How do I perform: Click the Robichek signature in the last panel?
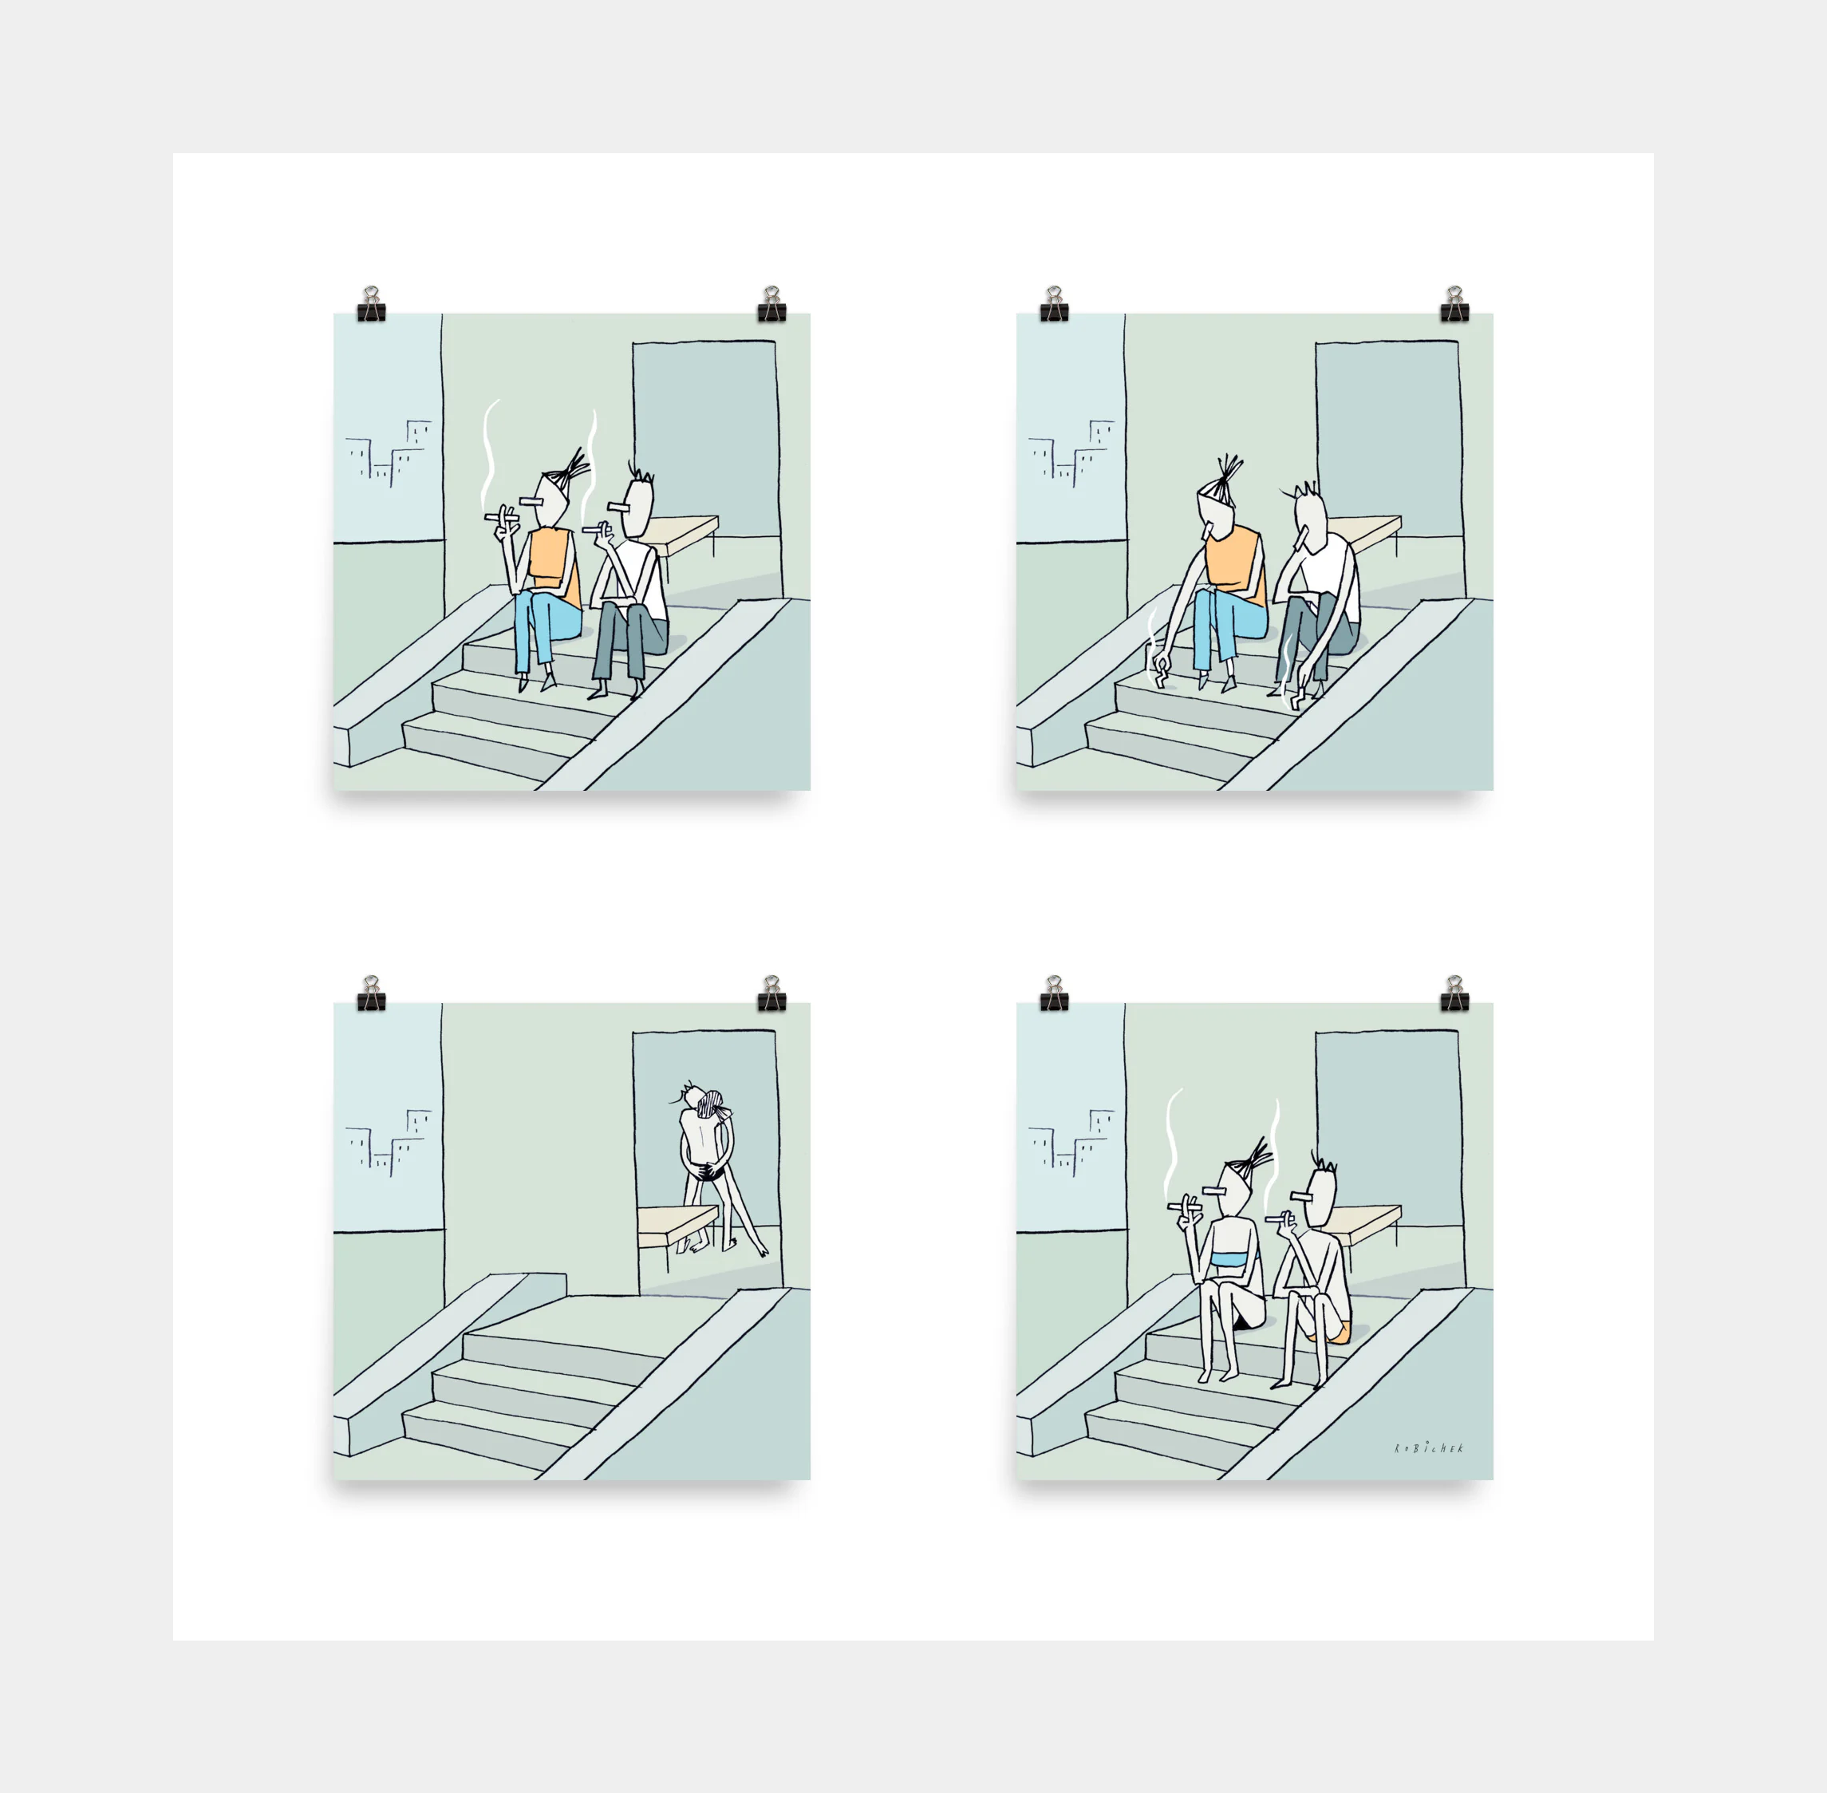[x=1429, y=1448]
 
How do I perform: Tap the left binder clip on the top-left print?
[x=371, y=303]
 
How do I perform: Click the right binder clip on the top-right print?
[x=1454, y=303]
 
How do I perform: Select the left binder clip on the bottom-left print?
[x=371, y=993]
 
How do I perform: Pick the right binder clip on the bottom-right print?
[x=1454, y=993]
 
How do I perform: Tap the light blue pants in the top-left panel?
[x=545, y=626]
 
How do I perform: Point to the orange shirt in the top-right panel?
[x=1236, y=565]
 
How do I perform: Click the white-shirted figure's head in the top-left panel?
[x=637, y=507]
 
